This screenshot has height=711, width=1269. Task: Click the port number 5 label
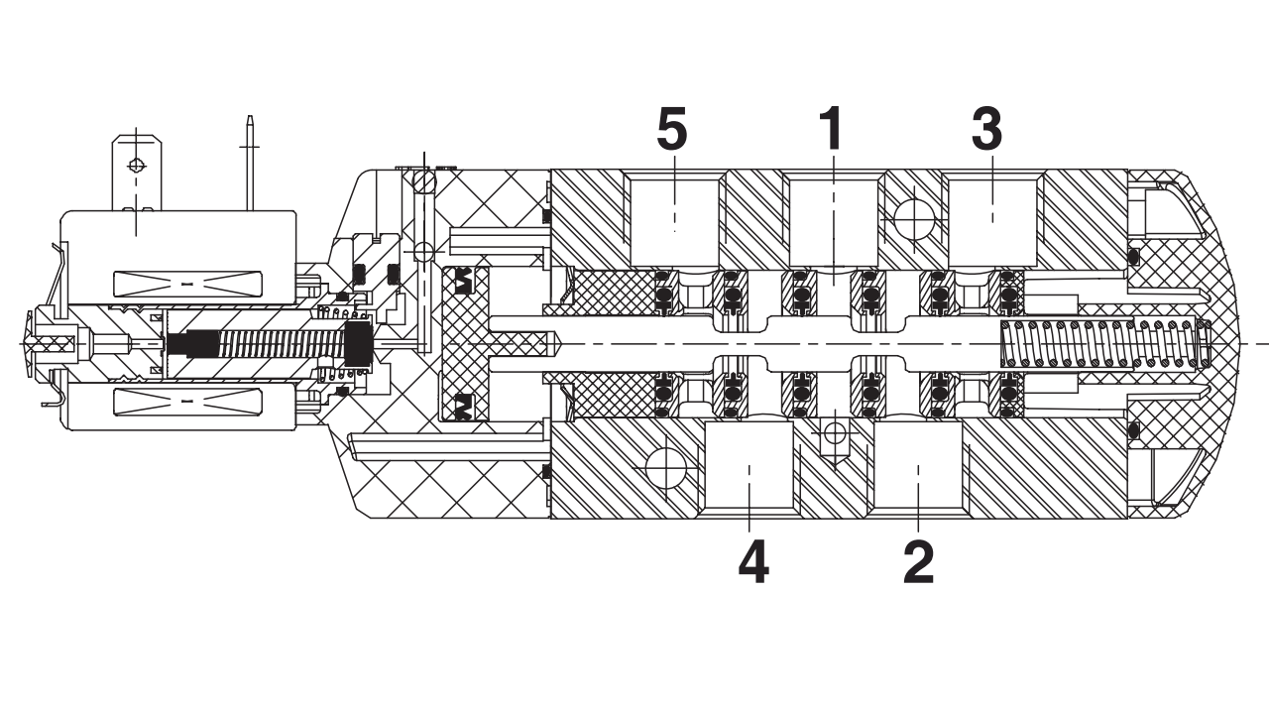[x=672, y=131]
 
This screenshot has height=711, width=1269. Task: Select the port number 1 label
[x=832, y=129]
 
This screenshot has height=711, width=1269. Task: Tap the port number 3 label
[x=986, y=130]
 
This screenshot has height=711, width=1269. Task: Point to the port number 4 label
[x=753, y=562]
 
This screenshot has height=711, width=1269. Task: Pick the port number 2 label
[x=918, y=562]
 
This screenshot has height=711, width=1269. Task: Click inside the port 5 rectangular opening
[x=674, y=223]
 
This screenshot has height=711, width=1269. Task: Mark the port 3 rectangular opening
[x=992, y=223]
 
